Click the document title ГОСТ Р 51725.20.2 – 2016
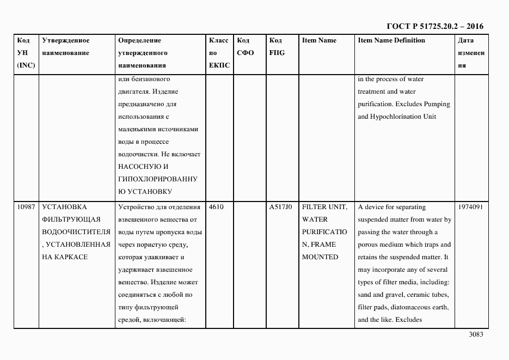[x=434, y=26]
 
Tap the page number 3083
[x=476, y=334]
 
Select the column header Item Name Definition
[x=391, y=40]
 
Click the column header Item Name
[x=319, y=40]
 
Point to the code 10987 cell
[x=26, y=207]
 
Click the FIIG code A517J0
[x=281, y=207]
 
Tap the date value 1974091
[x=470, y=207]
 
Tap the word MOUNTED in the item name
[x=320, y=257]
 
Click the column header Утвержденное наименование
[x=65, y=46]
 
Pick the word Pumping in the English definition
[x=437, y=104]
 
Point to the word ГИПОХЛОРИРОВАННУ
[x=157, y=179]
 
